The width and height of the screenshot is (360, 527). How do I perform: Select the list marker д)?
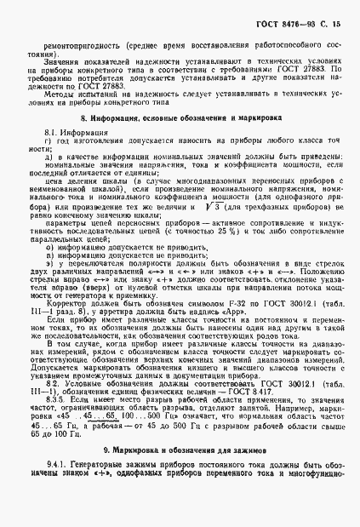tap(48, 156)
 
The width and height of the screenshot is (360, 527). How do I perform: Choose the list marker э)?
tap(48, 265)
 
